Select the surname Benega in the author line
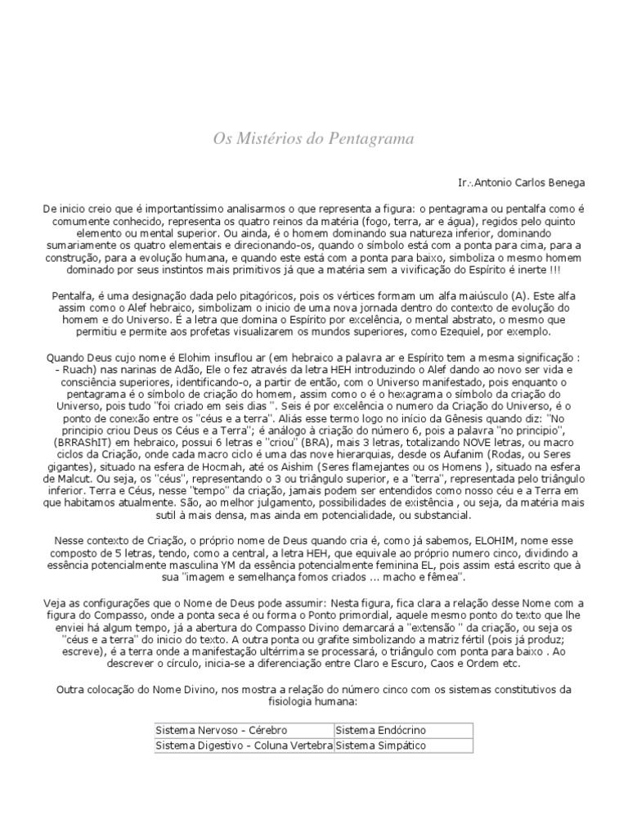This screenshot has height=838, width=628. pyautogui.click(x=567, y=182)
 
